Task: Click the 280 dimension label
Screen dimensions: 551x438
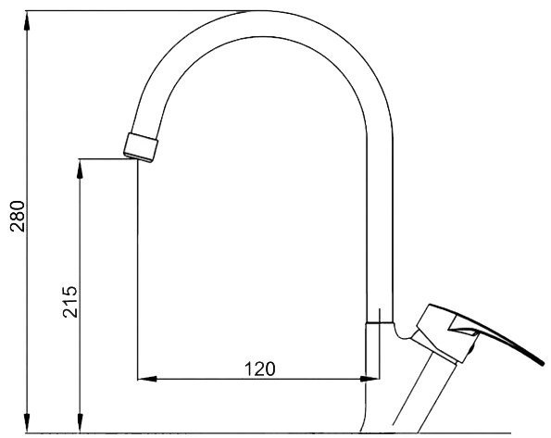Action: pos(18,216)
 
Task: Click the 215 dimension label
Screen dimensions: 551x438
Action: pos(69,302)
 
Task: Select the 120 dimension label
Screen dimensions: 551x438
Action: pos(260,369)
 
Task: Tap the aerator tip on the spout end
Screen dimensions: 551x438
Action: pos(141,147)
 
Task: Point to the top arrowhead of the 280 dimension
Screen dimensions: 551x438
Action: pos(27,20)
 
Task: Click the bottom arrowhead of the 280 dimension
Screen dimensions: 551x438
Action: pos(27,423)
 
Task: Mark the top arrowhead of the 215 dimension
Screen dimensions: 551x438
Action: pos(81,169)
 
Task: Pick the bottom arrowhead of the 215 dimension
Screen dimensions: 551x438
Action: pos(81,423)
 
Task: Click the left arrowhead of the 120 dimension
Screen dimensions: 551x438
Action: pos(147,379)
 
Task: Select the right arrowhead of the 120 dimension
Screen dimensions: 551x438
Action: pos(369,379)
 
